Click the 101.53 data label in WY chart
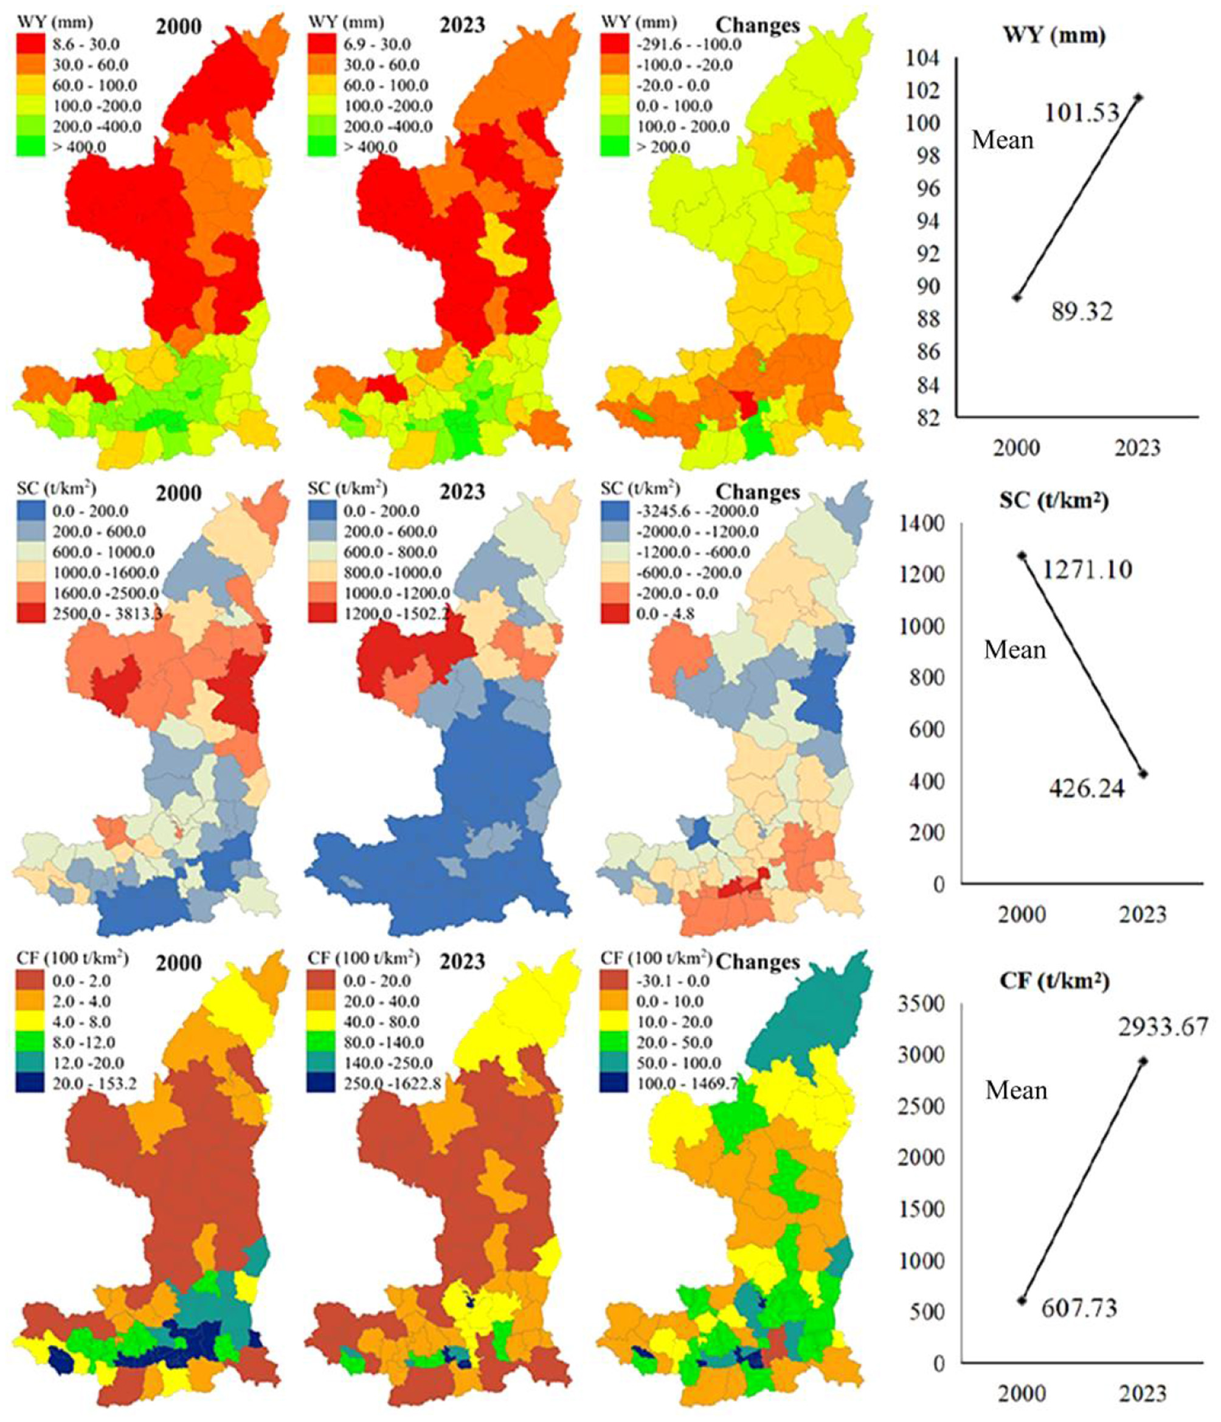[x=1082, y=112]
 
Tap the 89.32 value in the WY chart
[x=1082, y=311]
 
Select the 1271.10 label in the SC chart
[x=1087, y=569]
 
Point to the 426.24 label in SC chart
[x=1087, y=789]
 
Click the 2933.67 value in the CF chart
[x=1163, y=1027]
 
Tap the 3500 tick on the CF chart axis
[x=921, y=1004]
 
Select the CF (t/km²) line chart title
[x=1054, y=981]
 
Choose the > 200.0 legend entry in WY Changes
[x=662, y=147]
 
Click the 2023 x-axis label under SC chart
[x=1143, y=914]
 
